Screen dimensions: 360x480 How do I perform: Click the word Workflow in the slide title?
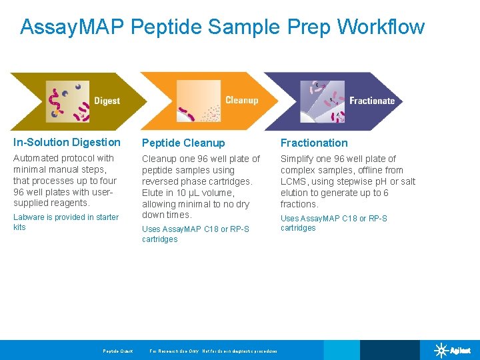(381, 27)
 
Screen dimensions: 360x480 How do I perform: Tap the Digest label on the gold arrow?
(107, 101)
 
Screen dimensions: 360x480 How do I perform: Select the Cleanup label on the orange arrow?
(241, 100)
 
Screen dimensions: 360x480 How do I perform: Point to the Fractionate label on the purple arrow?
(372, 101)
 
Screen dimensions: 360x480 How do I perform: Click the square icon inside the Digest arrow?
(67, 102)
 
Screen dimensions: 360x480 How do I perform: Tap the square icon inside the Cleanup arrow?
(198, 101)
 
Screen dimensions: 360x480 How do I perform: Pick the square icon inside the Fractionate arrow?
(323, 101)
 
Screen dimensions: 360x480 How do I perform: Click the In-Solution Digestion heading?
(67, 142)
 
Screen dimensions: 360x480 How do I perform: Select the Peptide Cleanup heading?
(183, 143)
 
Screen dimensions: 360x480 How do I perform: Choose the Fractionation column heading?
(314, 143)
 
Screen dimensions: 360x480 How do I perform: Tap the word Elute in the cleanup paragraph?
(153, 193)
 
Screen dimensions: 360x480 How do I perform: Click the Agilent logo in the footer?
(453, 351)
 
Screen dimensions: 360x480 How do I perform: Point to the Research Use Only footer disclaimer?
(213, 351)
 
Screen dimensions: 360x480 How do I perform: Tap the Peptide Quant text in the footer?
(117, 351)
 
